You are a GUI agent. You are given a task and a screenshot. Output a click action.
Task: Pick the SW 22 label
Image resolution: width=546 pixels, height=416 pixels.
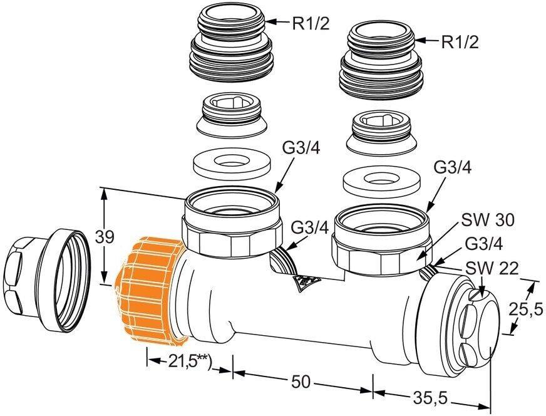(x=492, y=269)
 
